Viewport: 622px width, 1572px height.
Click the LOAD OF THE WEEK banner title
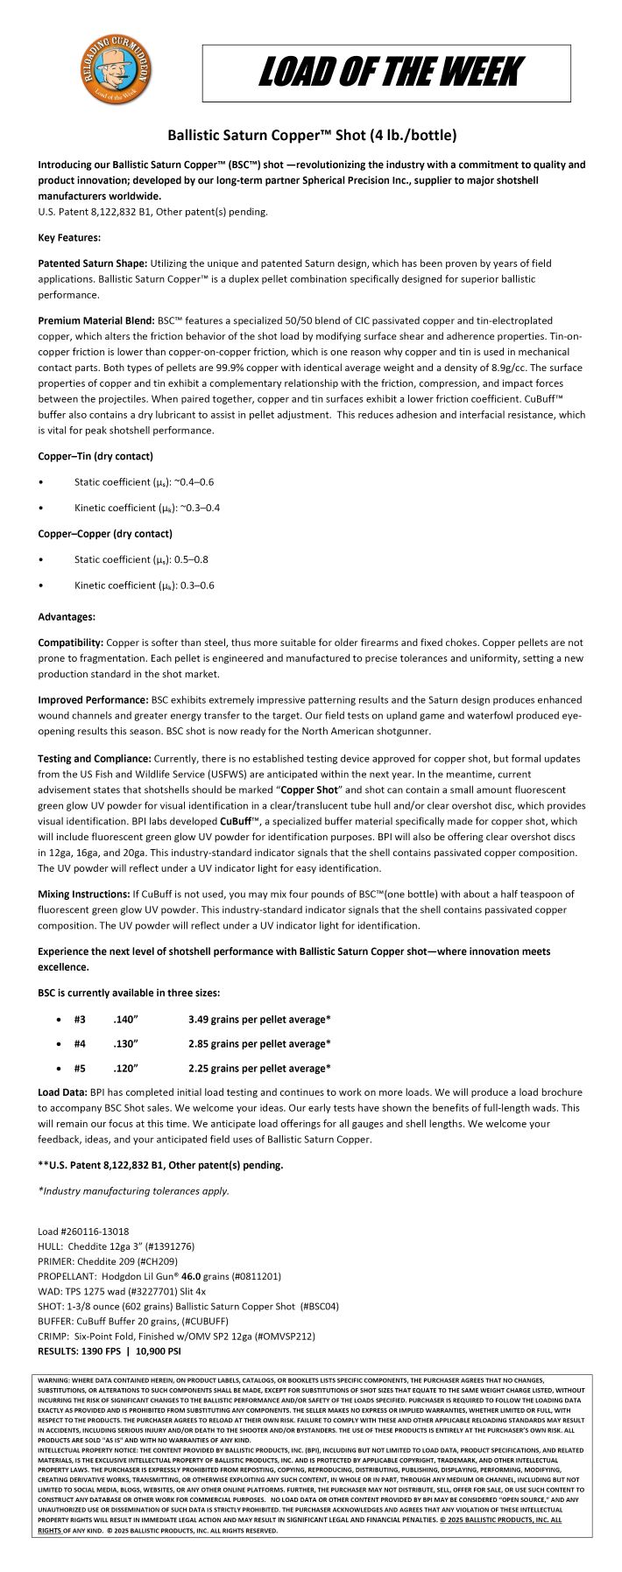point(390,73)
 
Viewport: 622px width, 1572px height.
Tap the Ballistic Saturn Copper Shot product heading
point(311,136)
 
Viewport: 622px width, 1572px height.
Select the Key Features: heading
point(69,237)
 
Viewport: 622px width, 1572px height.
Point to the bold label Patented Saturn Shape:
point(93,263)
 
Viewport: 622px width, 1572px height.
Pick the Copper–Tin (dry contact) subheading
point(95,456)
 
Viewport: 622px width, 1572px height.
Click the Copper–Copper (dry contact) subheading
point(105,533)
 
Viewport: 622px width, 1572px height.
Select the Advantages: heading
point(67,616)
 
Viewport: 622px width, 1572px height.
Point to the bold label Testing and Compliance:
point(95,758)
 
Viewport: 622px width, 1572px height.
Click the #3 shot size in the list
point(80,1019)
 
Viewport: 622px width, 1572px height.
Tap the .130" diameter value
point(126,1043)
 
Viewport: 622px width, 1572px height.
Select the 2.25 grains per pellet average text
point(259,1068)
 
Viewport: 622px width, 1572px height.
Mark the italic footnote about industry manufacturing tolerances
point(134,1190)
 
